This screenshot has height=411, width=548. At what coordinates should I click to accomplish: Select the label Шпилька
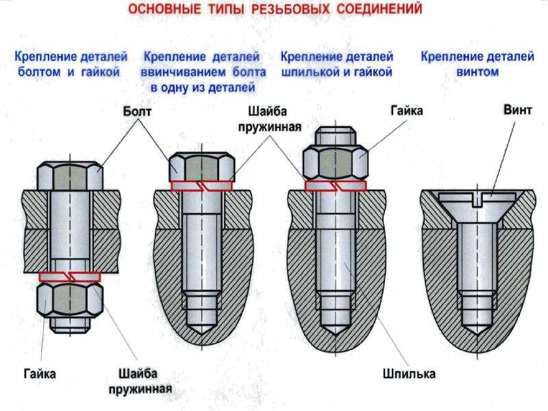click(x=410, y=374)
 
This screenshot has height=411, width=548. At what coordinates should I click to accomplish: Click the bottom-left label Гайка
click(x=39, y=374)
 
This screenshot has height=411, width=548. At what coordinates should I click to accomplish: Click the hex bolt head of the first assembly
click(x=70, y=176)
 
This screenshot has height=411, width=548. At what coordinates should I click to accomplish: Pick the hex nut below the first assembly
click(x=70, y=301)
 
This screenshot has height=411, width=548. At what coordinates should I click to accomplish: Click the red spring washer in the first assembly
click(x=70, y=277)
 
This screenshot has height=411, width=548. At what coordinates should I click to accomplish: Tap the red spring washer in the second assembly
click(x=202, y=185)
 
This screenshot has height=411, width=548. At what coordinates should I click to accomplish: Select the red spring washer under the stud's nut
click(x=336, y=185)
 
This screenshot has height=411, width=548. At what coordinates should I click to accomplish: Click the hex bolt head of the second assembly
click(x=202, y=165)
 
